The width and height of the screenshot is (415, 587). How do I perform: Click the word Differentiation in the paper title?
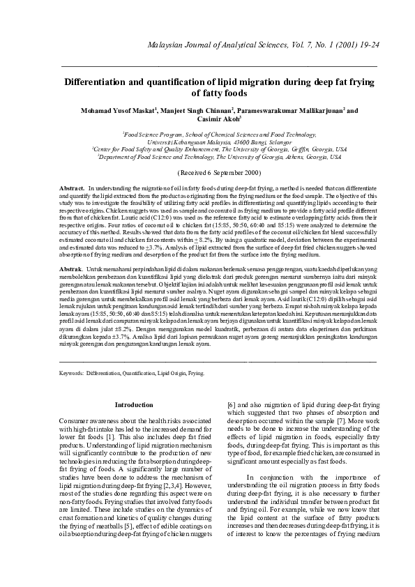pos(103,81)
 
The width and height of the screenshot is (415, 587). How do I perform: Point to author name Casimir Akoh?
pos(206,119)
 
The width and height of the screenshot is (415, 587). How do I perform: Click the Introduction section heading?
pos(134,404)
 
